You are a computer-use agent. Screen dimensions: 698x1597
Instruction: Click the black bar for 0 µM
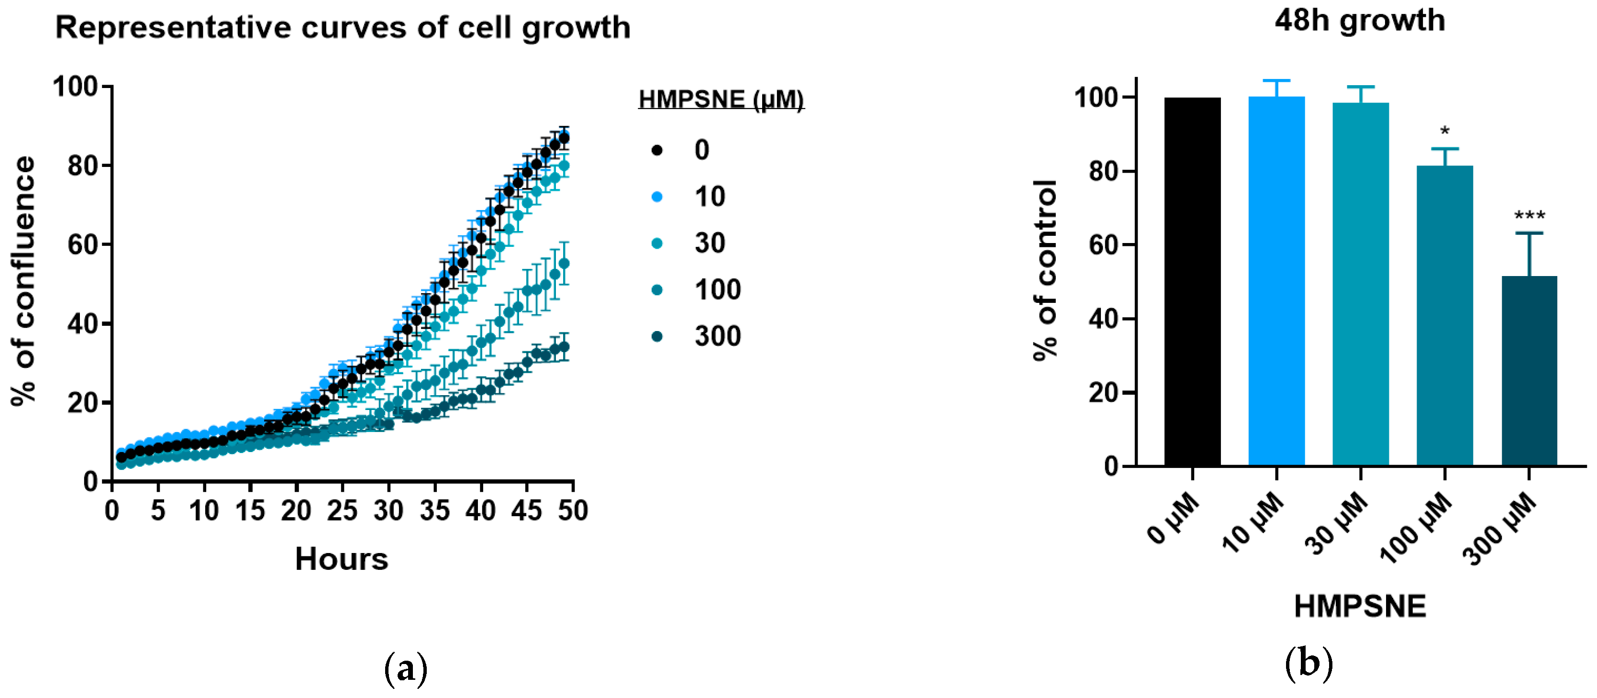coord(1192,282)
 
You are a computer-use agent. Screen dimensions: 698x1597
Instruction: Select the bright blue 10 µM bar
coord(1276,282)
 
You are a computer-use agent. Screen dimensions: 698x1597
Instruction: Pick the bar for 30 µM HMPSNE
coord(1360,285)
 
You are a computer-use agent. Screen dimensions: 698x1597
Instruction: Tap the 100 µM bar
coord(1444,316)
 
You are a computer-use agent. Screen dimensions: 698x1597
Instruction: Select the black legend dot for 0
coord(657,150)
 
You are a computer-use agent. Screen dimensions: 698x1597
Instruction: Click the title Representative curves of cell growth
coord(343,28)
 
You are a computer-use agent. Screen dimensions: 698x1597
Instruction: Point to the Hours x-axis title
coord(341,559)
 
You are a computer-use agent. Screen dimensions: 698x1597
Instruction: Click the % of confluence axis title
coord(23,281)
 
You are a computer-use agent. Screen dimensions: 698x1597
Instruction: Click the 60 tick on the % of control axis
coord(1104,245)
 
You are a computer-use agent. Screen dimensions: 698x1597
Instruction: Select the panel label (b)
coord(1308,664)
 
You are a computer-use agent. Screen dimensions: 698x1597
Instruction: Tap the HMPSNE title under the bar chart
coord(1360,606)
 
